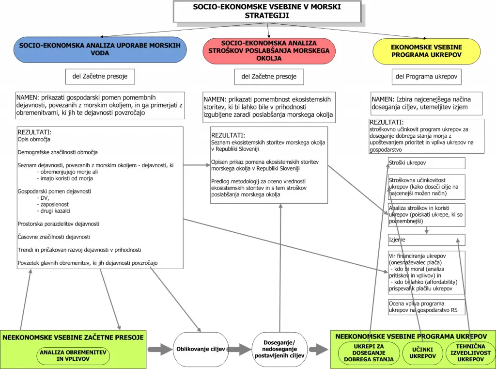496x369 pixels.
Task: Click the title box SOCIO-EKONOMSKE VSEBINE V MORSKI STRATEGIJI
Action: (267, 12)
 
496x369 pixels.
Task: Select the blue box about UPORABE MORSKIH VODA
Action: (100, 49)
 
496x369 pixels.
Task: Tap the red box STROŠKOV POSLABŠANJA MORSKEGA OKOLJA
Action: (269, 51)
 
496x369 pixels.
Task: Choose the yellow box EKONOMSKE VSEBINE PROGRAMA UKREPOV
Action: (426, 51)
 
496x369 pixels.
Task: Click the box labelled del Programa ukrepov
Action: (426, 77)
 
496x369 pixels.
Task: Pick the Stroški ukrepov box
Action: (426, 163)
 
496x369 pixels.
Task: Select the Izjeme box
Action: (426, 240)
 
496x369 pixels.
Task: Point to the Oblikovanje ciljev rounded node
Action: (201, 349)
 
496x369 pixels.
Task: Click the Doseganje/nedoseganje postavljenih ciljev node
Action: (279, 349)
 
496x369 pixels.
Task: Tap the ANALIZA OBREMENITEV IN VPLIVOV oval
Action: (73, 356)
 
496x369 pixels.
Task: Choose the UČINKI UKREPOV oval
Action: (422, 353)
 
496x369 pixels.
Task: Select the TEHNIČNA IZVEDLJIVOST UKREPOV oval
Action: (470, 353)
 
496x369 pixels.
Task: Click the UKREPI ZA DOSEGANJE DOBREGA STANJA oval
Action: (369, 353)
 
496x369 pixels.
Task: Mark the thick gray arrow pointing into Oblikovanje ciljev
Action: (160, 350)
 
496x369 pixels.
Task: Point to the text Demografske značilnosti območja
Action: (58, 152)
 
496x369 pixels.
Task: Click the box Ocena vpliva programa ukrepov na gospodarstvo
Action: (426, 307)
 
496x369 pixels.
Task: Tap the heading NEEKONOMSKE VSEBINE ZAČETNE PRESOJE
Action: (73, 337)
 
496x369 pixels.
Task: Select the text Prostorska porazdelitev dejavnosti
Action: (59, 224)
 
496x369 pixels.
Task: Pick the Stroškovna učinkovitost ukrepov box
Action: (426, 187)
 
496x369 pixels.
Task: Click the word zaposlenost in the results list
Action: (54, 205)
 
